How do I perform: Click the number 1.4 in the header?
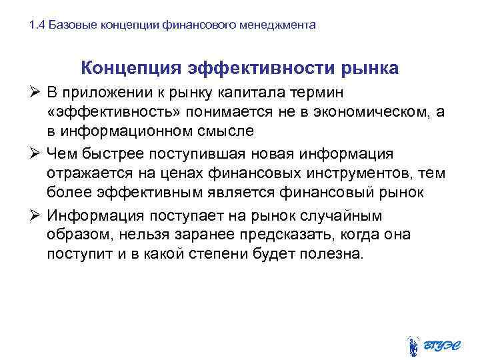37,25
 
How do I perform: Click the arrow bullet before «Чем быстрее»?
37,153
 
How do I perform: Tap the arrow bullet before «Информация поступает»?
37,216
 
